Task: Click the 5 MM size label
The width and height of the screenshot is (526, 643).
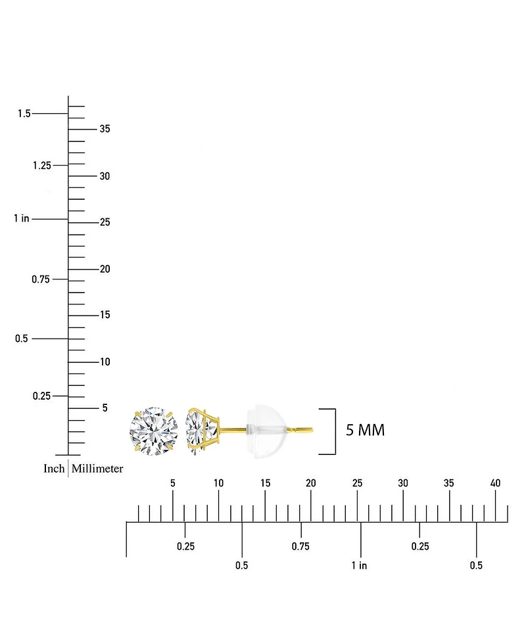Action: click(366, 430)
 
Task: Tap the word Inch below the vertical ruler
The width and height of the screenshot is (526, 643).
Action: click(54, 469)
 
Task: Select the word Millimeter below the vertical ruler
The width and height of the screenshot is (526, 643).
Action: click(97, 469)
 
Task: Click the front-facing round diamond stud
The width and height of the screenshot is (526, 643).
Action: click(154, 431)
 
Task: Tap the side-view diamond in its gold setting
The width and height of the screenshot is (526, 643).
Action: click(203, 431)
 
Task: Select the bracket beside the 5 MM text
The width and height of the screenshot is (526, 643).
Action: click(335, 431)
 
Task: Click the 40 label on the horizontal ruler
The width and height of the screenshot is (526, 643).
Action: click(495, 483)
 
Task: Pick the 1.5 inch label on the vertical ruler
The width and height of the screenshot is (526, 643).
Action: click(24, 114)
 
